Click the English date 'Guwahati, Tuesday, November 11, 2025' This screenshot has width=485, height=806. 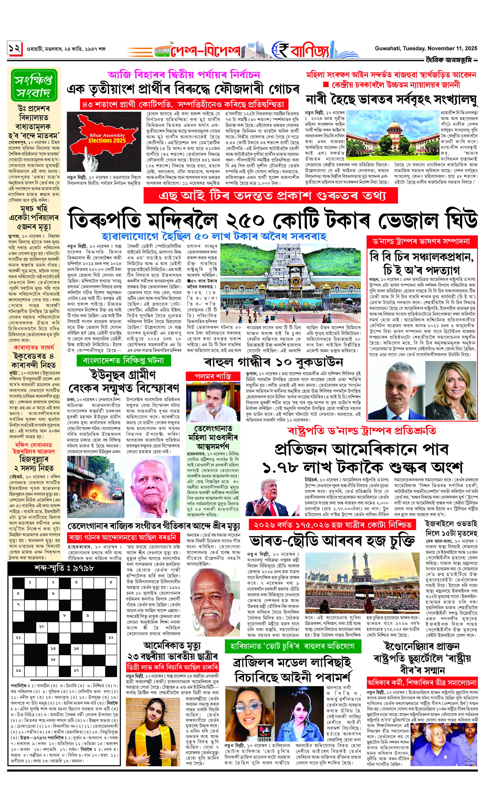pyautogui.click(x=426, y=48)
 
